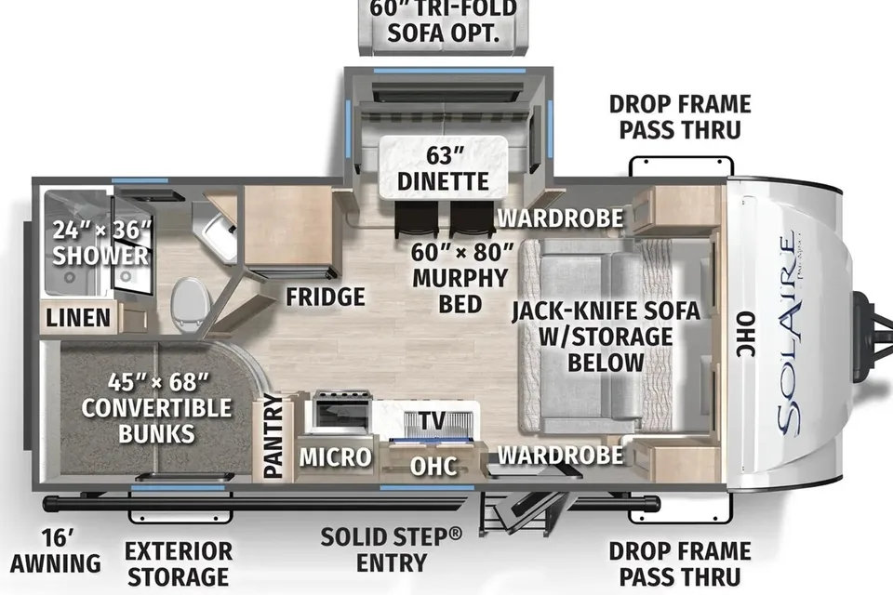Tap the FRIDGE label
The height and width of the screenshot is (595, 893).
pyautogui.click(x=326, y=297)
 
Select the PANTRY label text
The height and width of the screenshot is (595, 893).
pyautogui.click(x=273, y=436)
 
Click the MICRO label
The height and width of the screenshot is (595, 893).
pyautogui.click(x=336, y=456)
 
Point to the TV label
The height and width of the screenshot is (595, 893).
pyautogui.click(x=433, y=421)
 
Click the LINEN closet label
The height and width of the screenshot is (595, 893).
pyautogui.click(x=78, y=318)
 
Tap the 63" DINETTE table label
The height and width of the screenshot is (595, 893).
pyautogui.click(x=443, y=168)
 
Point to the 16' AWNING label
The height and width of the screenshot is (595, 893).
pyautogui.click(x=56, y=551)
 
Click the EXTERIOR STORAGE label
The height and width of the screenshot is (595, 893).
pyautogui.click(x=179, y=563)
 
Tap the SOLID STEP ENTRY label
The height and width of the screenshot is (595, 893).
pyautogui.click(x=392, y=549)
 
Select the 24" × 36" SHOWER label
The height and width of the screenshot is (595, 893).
pyautogui.click(x=100, y=243)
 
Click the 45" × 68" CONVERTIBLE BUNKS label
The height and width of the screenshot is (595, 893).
pyautogui.click(x=156, y=408)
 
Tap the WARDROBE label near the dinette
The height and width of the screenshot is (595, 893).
pyautogui.click(x=560, y=218)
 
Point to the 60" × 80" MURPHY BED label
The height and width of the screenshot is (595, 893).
pyautogui.click(x=460, y=278)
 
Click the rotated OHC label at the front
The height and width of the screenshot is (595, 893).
pyautogui.click(x=745, y=335)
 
